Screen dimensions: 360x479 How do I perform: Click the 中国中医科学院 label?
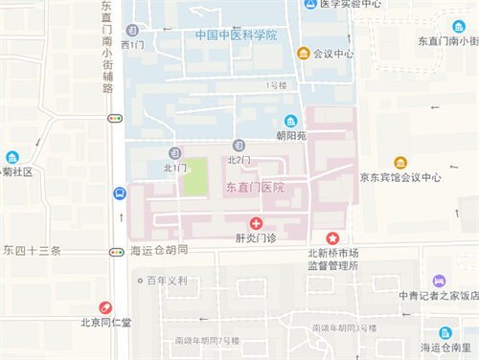[235, 35]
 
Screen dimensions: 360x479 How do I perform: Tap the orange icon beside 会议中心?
[304, 54]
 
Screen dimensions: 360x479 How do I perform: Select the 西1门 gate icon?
[133, 31]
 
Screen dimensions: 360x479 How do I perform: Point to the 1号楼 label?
[277, 85]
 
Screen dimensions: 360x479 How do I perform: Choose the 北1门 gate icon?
[174, 153]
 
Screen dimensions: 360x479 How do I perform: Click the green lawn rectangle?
[195, 177]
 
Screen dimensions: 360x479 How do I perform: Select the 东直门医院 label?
[255, 188]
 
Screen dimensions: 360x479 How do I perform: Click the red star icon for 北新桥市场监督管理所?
[332, 236]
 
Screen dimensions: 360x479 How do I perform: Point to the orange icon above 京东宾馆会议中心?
[400, 163]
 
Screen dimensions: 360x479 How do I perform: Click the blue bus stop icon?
[118, 193]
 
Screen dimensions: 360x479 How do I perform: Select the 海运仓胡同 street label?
[158, 251]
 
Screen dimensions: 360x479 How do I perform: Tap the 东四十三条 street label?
[32, 251]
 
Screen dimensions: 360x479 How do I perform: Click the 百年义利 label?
[167, 281]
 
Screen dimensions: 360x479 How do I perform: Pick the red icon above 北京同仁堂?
[107, 308]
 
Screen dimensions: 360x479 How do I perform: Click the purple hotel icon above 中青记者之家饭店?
[439, 281]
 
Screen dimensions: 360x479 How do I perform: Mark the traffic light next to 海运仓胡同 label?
[117, 252]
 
